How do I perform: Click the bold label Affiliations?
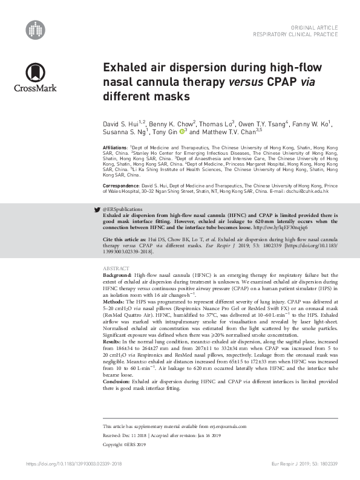tap(116, 148)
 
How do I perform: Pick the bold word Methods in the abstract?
tap(115, 300)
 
